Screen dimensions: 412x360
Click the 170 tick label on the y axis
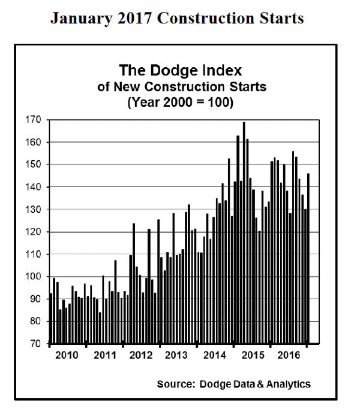click(34, 120)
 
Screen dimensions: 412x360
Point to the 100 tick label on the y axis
click(34, 276)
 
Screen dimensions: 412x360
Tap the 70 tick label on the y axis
click(36, 344)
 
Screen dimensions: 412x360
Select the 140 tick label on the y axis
click(34, 187)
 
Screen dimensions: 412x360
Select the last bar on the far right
click(308, 258)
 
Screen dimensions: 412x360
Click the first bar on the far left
click(50, 318)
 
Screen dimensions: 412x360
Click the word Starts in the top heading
click(283, 19)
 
